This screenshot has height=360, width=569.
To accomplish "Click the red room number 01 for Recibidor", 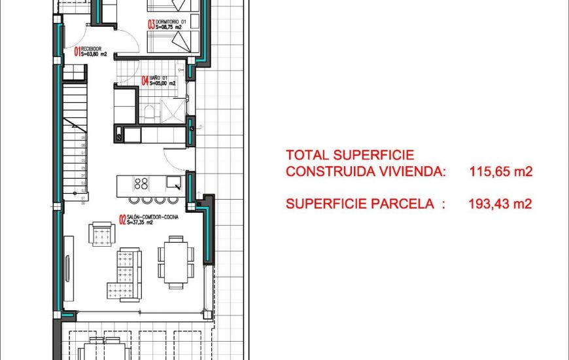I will tap(77, 51).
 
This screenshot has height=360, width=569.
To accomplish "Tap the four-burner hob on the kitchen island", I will tap(141, 183).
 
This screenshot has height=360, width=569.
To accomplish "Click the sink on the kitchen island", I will tap(173, 183).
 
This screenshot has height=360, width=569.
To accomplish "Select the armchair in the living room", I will tap(103, 233).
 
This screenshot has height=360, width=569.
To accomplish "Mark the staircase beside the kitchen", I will tap(77, 144).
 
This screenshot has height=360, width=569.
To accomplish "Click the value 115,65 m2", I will tap(501, 172).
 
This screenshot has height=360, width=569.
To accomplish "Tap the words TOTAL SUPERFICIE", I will tap(350, 155).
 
